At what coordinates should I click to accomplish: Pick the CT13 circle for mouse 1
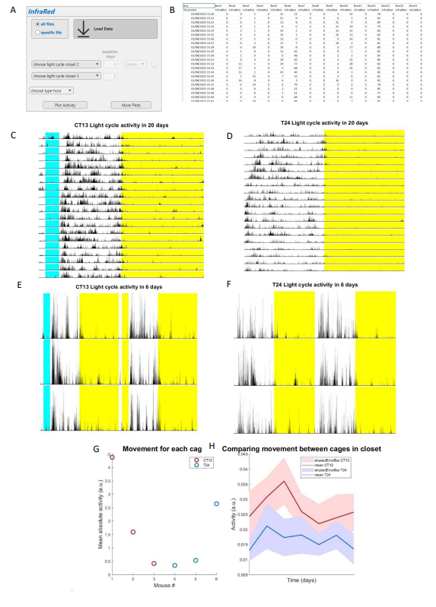[x=113, y=457]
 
